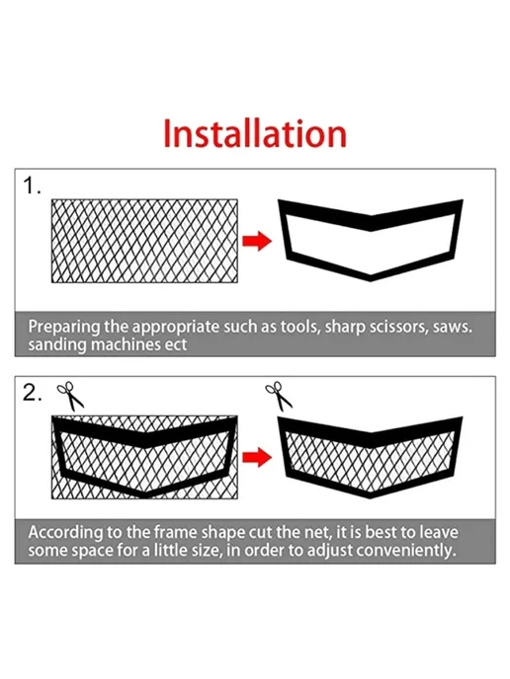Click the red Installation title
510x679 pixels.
[x=255, y=133]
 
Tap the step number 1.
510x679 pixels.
[x=32, y=186]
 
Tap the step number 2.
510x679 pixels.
[x=33, y=393]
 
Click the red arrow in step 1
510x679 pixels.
[x=257, y=241]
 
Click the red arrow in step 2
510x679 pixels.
[x=257, y=457]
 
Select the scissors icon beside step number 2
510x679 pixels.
[x=70, y=396]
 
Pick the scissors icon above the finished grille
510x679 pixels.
[x=279, y=396]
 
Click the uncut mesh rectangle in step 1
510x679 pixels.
[x=144, y=241]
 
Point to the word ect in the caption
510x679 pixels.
[x=176, y=345]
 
